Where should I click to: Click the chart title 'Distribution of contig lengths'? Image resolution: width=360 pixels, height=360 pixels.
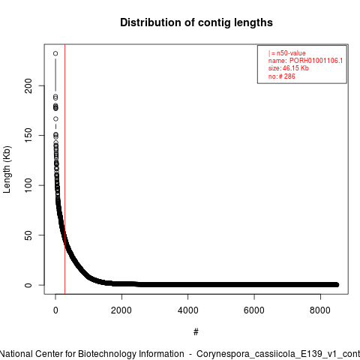[x=196, y=22]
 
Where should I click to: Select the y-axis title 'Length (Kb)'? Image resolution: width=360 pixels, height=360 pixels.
[x=7, y=169]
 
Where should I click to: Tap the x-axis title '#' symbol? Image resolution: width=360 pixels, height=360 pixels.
[x=196, y=332]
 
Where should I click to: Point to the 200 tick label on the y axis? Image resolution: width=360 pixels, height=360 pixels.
[x=28, y=85]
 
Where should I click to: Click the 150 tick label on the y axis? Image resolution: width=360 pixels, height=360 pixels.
[x=28, y=135]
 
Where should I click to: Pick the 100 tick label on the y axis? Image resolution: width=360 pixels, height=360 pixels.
[x=28, y=185]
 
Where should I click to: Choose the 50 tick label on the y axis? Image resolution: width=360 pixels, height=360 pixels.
[x=28, y=235]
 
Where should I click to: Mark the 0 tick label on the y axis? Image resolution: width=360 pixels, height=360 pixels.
[x=28, y=285]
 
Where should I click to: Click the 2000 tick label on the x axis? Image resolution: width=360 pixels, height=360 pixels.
[x=121, y=310]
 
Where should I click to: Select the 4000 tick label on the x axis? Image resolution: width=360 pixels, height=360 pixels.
[x=188, y=310]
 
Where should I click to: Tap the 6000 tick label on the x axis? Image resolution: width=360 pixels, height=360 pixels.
[x=254, y=310]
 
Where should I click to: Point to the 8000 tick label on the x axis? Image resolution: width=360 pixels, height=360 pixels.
[x=320, y=310]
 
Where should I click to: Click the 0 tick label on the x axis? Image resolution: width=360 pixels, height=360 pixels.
[x=55, y=310]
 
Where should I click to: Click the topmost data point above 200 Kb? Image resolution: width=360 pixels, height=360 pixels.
[x=55, y=53]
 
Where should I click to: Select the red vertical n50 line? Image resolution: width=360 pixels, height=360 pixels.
[x=65, y=169]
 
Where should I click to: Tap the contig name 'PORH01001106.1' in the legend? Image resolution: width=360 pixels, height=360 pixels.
[x=316, y=61]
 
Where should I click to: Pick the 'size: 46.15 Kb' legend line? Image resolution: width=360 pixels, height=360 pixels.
[x=289, y=68]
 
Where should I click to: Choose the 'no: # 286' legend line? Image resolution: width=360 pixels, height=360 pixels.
[x=282, y=76]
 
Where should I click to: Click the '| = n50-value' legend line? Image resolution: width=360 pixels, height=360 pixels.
[x=287, y=53]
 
